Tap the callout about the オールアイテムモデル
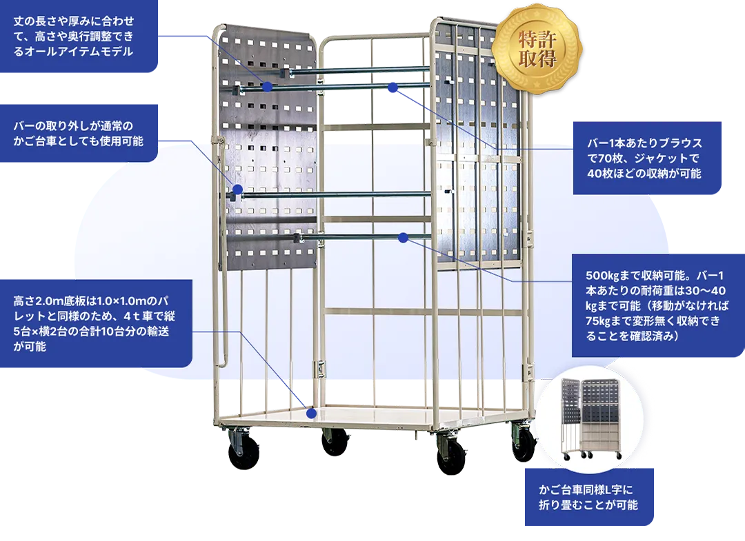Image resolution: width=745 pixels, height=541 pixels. click(79, 36)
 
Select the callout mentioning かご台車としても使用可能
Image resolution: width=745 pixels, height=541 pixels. click(79, 133)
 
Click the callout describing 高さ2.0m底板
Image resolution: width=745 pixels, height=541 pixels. click(95, 323)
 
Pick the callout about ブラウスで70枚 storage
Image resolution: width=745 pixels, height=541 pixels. click(647, 158)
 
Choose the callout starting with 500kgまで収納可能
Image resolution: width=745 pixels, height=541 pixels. click(657, 305)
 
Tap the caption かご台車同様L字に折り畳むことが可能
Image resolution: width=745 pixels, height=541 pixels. click(589, 497)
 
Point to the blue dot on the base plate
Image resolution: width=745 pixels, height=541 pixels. click(311, 414)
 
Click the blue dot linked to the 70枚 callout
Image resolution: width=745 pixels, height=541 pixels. click(393, 88)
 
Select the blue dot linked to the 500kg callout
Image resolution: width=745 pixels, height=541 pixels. click(404, 238)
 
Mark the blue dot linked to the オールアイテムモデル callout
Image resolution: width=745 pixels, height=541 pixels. click(267, 87)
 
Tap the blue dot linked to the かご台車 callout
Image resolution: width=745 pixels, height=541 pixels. click(237, 190)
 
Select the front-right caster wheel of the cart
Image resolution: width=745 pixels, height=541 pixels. click(451, 456)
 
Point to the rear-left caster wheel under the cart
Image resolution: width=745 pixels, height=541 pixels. click(335, 442)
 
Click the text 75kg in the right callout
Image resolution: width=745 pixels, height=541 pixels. click(597, 320)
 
